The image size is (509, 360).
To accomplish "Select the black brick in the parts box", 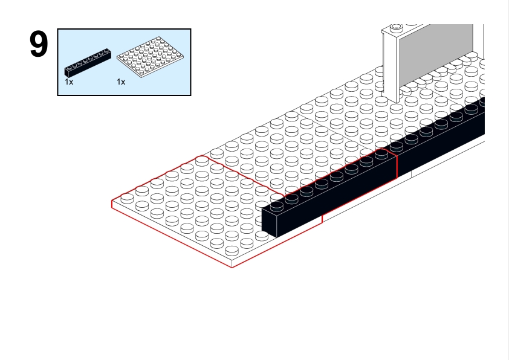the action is [x=88, y=63].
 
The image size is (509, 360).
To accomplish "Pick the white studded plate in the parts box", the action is [x=151, y=57].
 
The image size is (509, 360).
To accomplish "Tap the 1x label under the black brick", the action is [x=69, y=82].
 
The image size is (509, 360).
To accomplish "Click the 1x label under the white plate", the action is [x=121, y=82].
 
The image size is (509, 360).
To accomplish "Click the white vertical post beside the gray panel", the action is [x=390, y=64].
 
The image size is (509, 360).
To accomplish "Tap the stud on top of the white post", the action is [x=396, y=27].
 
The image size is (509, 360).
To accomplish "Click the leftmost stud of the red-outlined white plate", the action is [x=127, y=198].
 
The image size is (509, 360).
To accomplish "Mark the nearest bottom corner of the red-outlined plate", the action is [x=232, y=268].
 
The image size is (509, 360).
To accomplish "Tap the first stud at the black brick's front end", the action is [x=277, y=205].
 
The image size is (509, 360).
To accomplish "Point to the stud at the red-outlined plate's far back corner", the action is [x=202, y=160].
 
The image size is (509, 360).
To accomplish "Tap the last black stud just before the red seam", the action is [x=381, y=153].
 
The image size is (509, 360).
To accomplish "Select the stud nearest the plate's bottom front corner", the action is [x=232, y=251].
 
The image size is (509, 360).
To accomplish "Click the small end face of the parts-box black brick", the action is [x=67, y=72].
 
